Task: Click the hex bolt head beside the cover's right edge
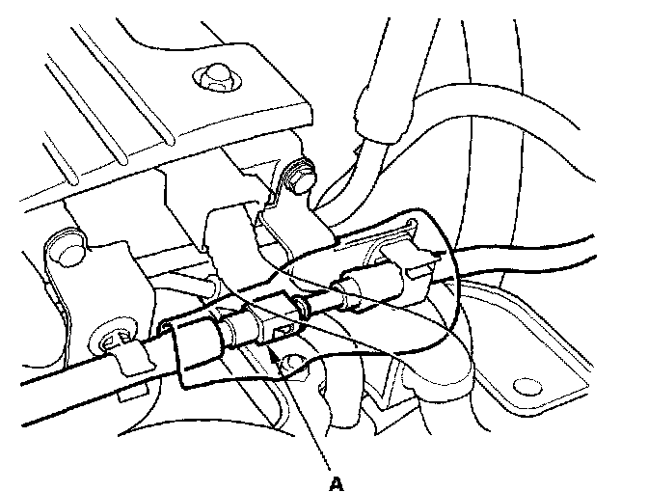(x=300, y=177)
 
